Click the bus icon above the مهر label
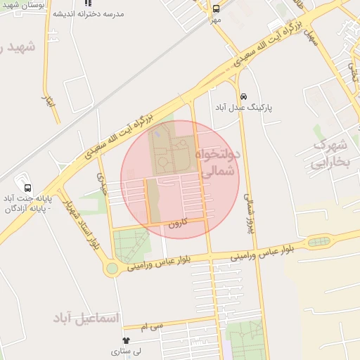click(216, 9)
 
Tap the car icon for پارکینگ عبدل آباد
click(243, 96)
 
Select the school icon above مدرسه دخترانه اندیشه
click(88, 3)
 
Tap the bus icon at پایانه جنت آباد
click(27, 188)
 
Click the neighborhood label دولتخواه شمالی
click(221, 162)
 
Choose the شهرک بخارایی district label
click(330, 154)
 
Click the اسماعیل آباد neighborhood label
click(86, 318)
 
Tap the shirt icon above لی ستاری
click(126, 340)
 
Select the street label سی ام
click(151, 326)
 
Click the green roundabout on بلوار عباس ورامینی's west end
click(111, 269)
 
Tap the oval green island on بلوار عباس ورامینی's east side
click(316, 243)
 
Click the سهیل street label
click(310, 37)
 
